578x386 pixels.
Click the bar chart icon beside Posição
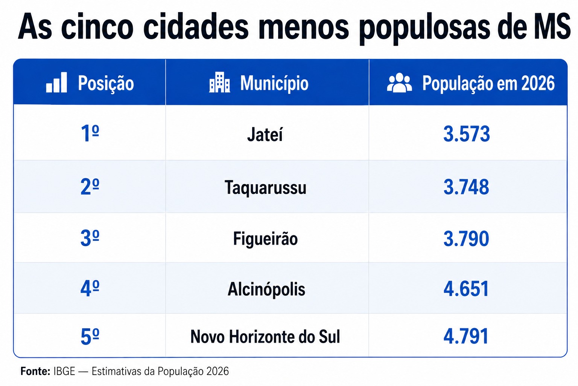(x=56, y=82)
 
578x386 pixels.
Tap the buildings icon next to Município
(x=220, y=82)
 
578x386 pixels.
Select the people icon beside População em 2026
(x=399, y=83)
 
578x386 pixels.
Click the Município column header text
(x=274, y=84)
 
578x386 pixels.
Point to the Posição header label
(x=106, y=84)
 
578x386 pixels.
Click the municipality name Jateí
(x=265, y=135)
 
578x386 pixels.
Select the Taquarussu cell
(x=265, y=187)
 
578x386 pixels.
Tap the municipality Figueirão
(x=265, y=239)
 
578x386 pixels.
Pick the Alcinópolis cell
(x=266, y=289)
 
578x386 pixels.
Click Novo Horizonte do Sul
(x=265, y=336)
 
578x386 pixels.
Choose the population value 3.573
(x=467, y=134)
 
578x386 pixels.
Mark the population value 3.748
(x=466, y=187)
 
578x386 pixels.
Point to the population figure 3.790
(x=466, y=239)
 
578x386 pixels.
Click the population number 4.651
(x=466, y=289)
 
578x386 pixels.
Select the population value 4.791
(x=466, y=336)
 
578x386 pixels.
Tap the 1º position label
(x=90, y=133)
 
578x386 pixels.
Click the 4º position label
(x=90, y=288)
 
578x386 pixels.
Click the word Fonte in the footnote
(x=35, y=371)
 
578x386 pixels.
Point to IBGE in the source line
(x=64, y=371)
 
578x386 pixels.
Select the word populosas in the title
(x=424, y=28)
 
